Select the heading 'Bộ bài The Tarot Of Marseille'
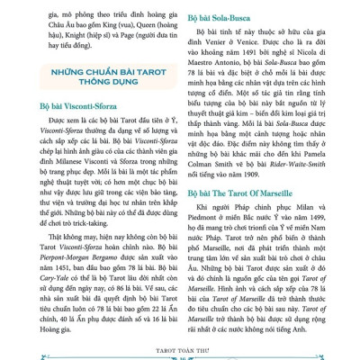click(x=247, y=218)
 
